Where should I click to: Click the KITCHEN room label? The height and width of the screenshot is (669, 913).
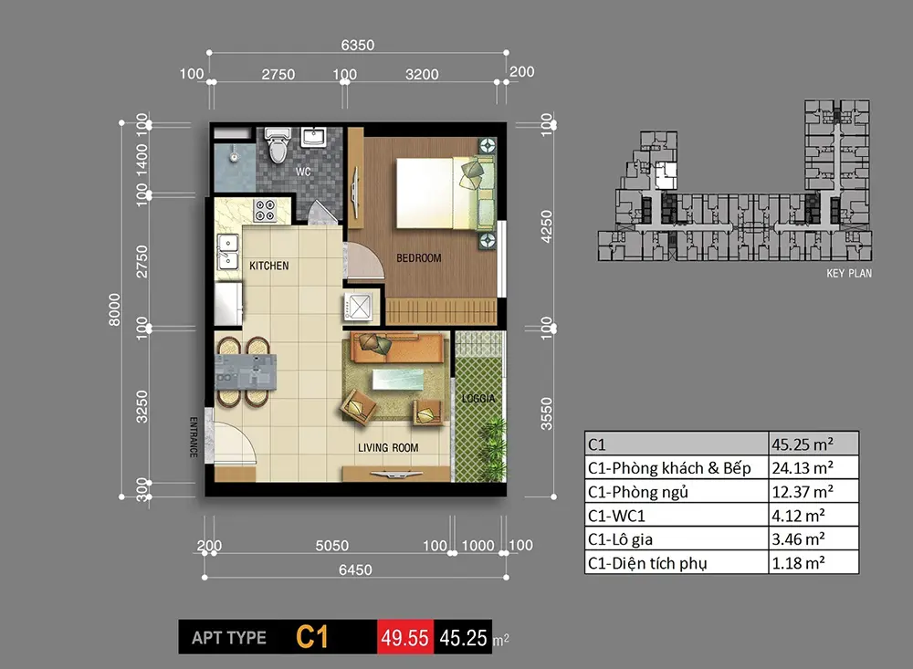click(x=269, y=266)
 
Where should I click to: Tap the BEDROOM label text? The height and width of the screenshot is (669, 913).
click(x=418, y=258)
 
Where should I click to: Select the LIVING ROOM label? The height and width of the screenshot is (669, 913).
click(x=388, y=447)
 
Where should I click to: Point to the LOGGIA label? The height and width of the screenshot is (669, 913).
click(x=477, y=398)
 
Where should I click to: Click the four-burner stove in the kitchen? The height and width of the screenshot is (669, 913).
click(x=267, y=211)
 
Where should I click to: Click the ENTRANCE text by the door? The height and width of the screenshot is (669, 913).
click(x=194, y=437)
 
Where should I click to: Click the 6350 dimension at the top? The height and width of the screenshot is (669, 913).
click(x=358, y=45)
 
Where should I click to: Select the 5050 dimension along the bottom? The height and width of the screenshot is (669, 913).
click(x=331, y=546)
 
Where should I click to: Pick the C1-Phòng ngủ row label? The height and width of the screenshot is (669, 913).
click(x=638, y=492)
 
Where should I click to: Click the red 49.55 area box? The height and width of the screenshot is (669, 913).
click(x=404, y=637)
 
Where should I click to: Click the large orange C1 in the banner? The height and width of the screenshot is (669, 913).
click(x=312, y=636)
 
